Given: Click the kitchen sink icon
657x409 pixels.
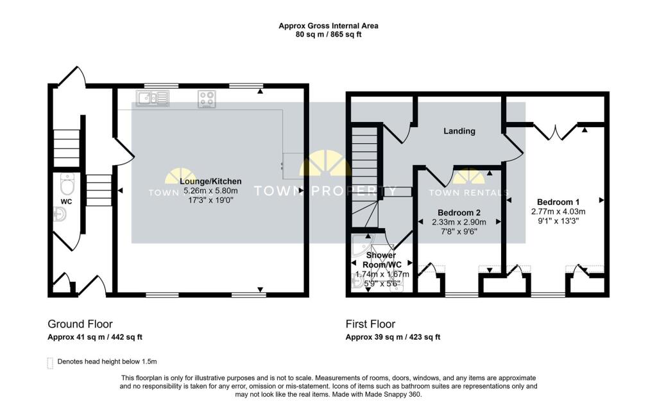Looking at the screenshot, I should click(152, 98).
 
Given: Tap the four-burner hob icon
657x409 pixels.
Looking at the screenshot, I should click(207, 99).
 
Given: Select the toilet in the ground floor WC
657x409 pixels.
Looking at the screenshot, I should click(67, 184).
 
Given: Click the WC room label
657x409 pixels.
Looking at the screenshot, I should click(66, 202).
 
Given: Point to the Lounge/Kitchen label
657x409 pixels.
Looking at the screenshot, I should click(210, 181).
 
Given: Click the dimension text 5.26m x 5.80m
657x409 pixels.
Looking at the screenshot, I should click(210, 191).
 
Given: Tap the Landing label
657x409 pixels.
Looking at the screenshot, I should click(459, 131).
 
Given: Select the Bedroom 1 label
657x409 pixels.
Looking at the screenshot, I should click(558, 201).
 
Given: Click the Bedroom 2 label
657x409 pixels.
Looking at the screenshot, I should click(459, 213).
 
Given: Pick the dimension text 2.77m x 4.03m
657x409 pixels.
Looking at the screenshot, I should click(558, 211).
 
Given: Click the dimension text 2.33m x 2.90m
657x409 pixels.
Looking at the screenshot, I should click(459, 222).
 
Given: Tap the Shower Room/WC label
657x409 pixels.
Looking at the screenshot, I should click(382, 260).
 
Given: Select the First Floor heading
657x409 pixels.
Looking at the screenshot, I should click(370, 324).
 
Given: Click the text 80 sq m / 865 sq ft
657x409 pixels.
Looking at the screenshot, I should click(328, 35).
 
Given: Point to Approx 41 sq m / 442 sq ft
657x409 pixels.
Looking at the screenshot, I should click(95, 337).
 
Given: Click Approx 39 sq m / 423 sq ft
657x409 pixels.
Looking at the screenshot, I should click(393, 337).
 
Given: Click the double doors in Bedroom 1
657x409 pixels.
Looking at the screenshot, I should click(556, 131).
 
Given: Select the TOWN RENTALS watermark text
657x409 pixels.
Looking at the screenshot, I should click(468, 192).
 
